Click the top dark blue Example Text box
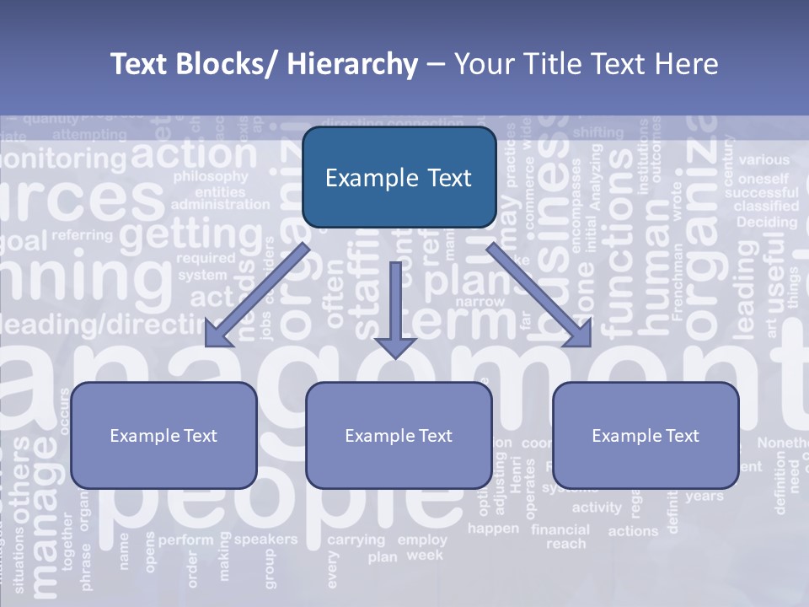coord(399,177)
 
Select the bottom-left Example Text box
coord(163,435)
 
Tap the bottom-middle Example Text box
coord(399,435)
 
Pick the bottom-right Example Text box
coord(646,435)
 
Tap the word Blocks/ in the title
coord(223,64)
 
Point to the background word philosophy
coord(210,177)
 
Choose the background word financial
coord(560,529)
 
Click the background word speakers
coord(265,539)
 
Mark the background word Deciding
coord(766,223)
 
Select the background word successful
coord(761,192)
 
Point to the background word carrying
coord(356,540)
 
